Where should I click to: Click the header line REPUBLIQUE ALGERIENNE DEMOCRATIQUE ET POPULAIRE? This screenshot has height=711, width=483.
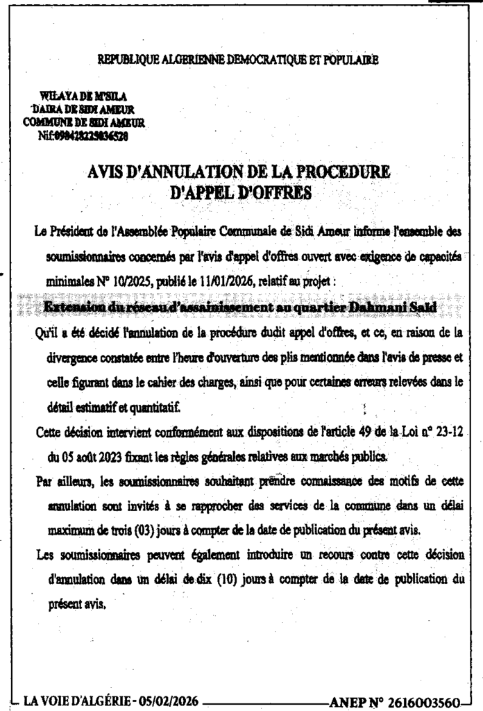238,60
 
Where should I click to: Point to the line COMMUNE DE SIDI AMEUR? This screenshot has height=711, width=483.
83,122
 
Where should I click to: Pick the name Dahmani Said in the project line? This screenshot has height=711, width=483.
402,306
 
